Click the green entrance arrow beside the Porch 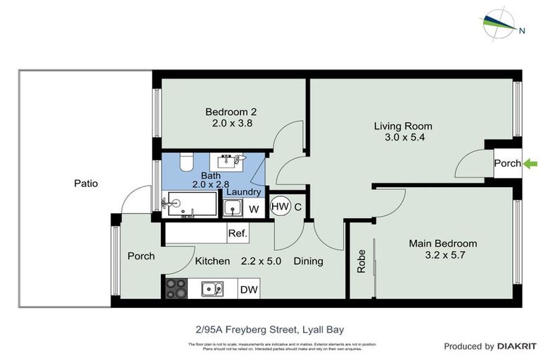click(531, 164)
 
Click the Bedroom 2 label click(231, 112)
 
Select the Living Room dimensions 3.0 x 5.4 click(403, 137)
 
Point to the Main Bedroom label click(443, 243)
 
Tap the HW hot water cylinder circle click(279, 206)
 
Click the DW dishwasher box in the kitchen click(249, 288)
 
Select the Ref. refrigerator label click(237, 233)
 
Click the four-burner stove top click(176, 288)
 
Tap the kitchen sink click(211, 288)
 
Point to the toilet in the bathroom click(186, 162)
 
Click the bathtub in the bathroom click(190, 206)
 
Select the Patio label click(86, 184)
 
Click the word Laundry click(245, 192)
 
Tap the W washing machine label click(254, 209)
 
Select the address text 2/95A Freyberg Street click(269, 328)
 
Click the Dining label click(308, 261)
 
